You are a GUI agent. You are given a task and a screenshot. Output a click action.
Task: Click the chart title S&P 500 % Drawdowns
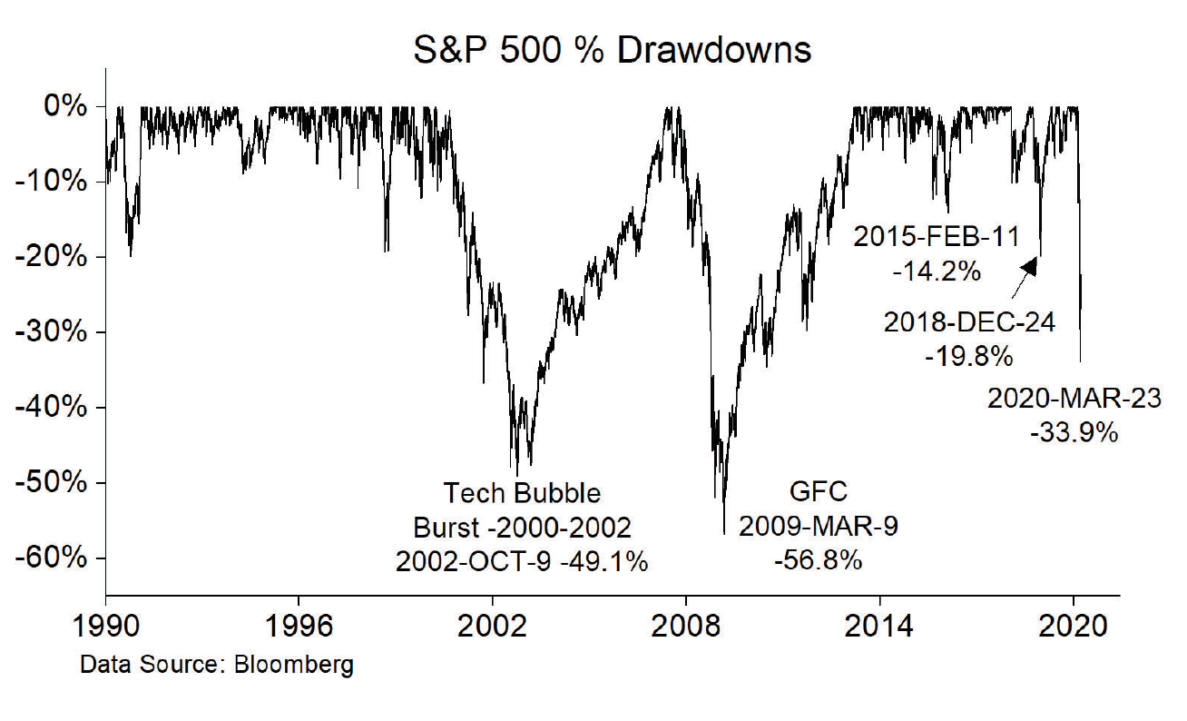click(x=612, y=50)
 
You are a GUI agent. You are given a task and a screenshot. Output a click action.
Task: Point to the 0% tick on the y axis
click(x=66, y=107)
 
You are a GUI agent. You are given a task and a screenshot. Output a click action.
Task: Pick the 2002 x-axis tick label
click(x=492, y=627)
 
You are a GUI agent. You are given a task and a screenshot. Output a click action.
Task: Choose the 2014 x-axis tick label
click(x=878, y=627)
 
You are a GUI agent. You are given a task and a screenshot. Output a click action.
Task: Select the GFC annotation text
click(x=818, y=492)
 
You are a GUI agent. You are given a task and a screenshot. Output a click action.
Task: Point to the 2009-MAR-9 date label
click(x=818, y=527)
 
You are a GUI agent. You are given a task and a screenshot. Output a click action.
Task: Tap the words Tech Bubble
click(x=522, y=493)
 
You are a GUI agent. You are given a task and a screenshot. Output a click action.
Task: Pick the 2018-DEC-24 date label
click(x=969, y=322)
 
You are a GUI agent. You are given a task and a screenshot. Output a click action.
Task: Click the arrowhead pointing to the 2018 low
click(x=1031, y=264)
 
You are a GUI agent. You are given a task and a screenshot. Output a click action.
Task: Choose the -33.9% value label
click(x=1074, y=433)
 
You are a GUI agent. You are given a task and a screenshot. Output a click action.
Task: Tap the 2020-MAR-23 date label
click(x=1074, y=399)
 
